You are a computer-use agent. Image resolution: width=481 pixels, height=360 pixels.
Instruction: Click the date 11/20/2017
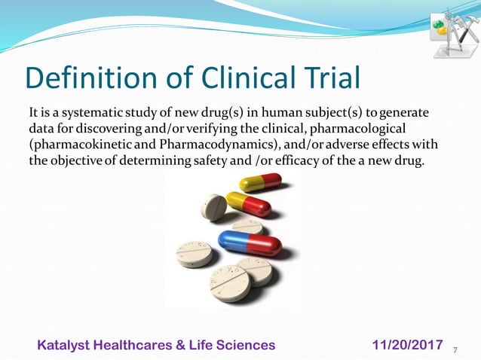click(407, 345)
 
